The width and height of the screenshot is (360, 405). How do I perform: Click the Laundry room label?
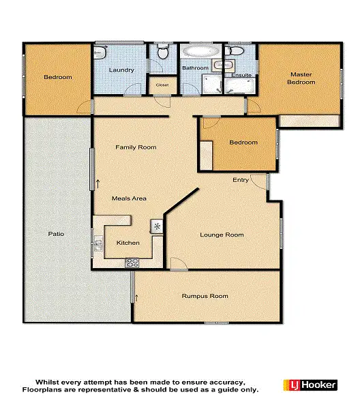pyautogui.click(x=121, y=70)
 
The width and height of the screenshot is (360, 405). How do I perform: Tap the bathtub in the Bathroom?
pyautogui.click(x=200, y=52)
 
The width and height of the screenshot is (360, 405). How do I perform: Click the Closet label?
pyautogui.click(x=162, y=85)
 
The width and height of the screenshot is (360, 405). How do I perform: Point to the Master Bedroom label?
pyautogui.click(x=301, y=78)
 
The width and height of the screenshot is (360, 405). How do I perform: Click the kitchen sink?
pyautogui.click(x=98, y=243)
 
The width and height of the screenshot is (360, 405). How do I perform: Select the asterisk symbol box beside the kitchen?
pyautogui.click(x=157, y=226)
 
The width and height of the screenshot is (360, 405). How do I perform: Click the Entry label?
pyautogui.click(x=241, y=180)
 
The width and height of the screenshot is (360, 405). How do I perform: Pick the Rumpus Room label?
pyautogui.click(x=205, y=296)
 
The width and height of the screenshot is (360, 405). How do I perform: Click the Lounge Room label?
pyautogui.click(x=222, y=235)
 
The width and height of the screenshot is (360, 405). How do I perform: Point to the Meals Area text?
pyautogui.click(x=130, y=198)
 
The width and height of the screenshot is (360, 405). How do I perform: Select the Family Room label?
pyautogui.click(x=136, y=147)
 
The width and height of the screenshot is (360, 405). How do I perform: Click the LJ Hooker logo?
pyautogui.click(x=310, y=385)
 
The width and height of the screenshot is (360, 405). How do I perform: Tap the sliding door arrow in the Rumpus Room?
pyautogui.click(x=137, y=297)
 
